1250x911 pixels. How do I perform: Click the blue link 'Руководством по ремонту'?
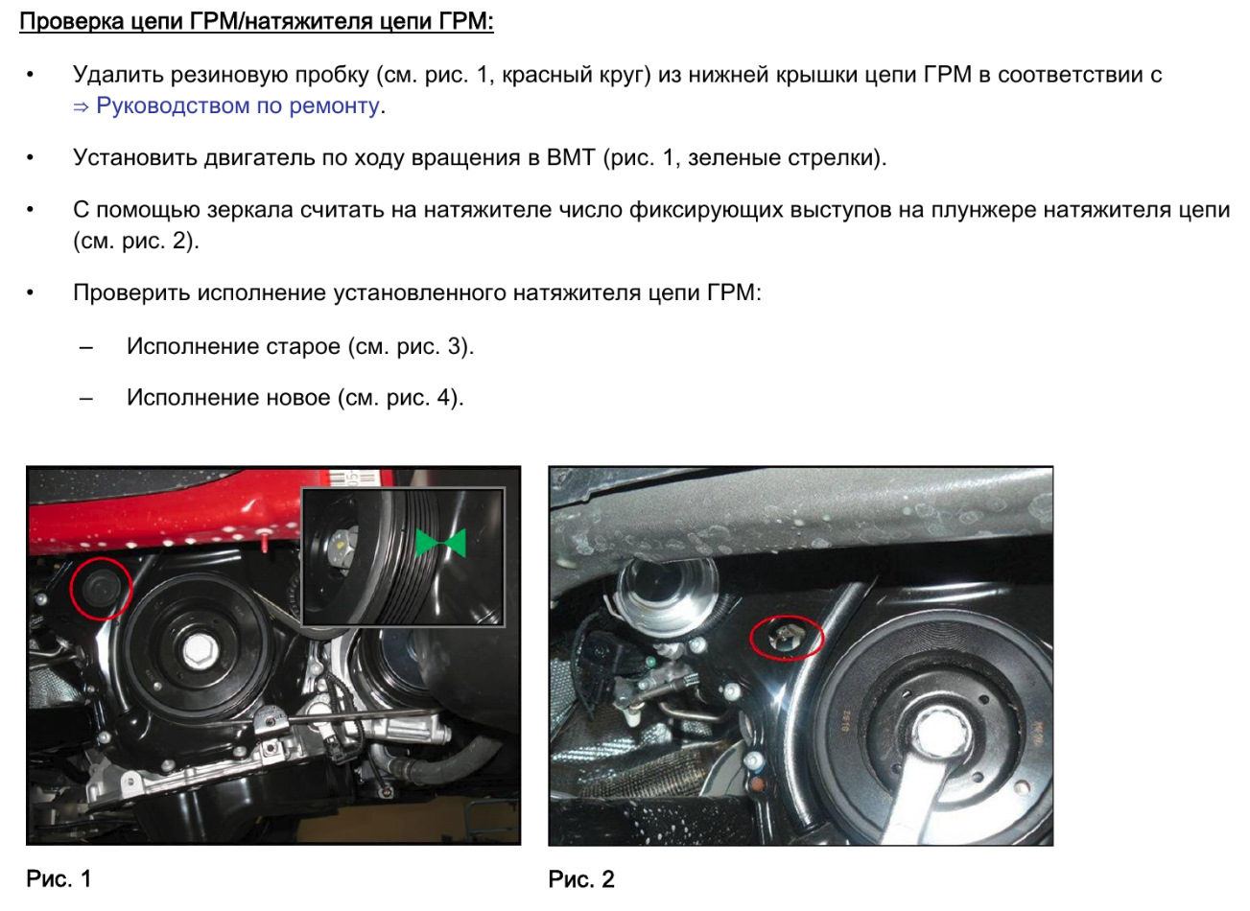(238, 105)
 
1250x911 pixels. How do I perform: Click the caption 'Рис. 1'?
(59, 878)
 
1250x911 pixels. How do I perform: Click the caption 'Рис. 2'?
(581, 879)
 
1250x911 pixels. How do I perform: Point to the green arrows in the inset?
(441, 543)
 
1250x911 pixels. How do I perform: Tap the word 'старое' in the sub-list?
(303, 346)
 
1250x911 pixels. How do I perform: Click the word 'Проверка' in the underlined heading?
(72, 21)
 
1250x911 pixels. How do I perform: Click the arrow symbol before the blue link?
(81, 106)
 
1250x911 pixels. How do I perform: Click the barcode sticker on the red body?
(356, 479)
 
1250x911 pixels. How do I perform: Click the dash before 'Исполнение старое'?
(86, 347)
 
